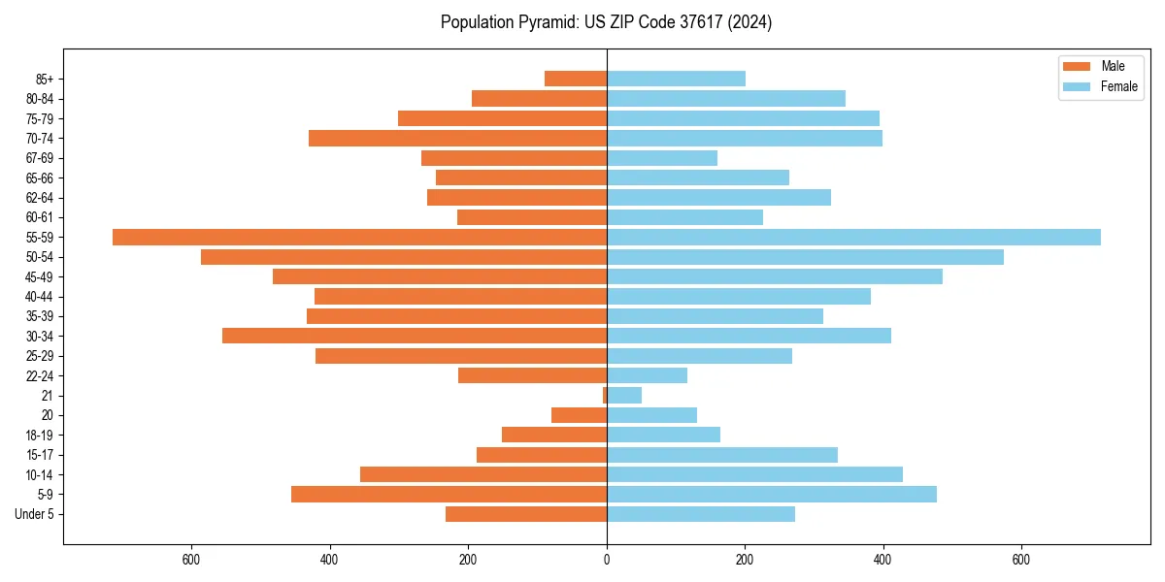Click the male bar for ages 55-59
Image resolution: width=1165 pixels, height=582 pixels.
coord(359,237)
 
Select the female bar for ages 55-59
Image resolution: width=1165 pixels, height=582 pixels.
coord(853,237)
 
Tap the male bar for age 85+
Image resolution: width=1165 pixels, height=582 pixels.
coord(576,79)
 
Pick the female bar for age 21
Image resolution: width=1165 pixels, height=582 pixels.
coord(624,395)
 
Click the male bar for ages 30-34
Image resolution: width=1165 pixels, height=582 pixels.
coord(415,336)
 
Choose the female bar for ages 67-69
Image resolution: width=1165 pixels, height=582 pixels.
coord(662,158)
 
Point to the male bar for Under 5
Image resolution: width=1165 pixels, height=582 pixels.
coord(526,514)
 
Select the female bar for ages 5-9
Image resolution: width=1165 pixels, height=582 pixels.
coord(772,494)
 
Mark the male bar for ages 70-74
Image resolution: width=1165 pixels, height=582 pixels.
coord(457,138)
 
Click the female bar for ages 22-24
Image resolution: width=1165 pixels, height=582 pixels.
coord(647,375)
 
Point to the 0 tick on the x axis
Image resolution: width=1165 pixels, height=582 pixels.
coord(607,560)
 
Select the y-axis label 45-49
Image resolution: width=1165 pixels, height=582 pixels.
coord(40,276)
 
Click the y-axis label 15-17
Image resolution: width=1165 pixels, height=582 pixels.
coord(40,454)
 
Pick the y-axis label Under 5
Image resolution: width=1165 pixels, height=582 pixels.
coord(35,514)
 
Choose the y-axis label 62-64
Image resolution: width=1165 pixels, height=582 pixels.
coord(40,197)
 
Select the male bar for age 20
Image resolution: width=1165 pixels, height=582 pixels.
coord(579,415)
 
